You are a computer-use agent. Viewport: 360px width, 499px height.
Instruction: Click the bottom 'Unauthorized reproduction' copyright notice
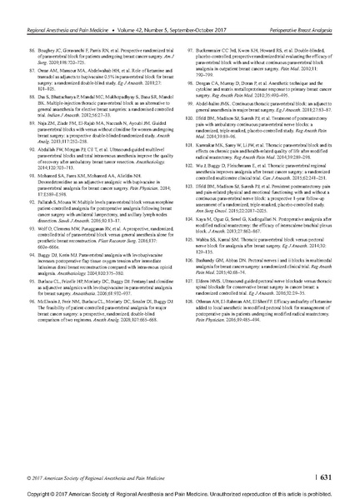point(180,492)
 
